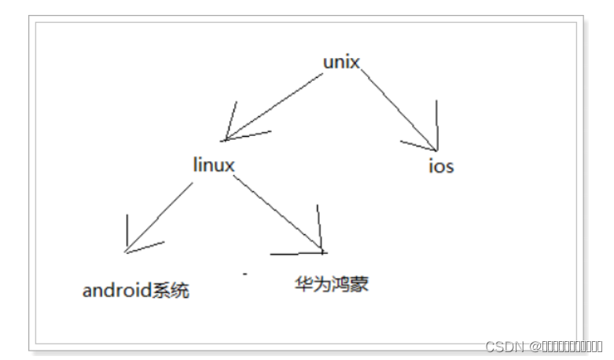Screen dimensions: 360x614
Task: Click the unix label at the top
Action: tap(341, 62)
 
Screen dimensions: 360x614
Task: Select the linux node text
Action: tap(213, 165)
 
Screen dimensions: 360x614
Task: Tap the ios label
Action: tap(441, 167)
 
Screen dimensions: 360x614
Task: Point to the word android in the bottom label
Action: tap(116, 291)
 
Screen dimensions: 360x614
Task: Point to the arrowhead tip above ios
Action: tap(434, 148)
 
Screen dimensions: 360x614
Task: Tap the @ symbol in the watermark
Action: tap(533, 347)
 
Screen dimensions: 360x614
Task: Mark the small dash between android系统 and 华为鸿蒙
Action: tap(245, 273)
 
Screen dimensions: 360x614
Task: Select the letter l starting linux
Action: tap(195, 164)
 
